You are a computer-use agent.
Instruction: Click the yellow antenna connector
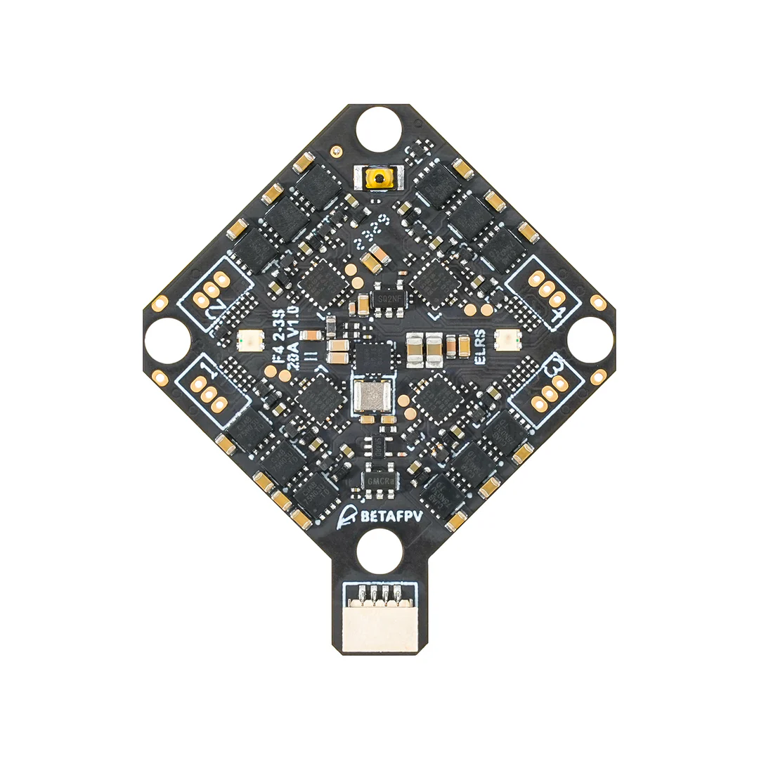380,179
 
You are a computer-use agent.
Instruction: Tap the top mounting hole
379,129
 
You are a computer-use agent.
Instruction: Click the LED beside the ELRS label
504,341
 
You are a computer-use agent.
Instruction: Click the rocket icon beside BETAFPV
344,516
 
